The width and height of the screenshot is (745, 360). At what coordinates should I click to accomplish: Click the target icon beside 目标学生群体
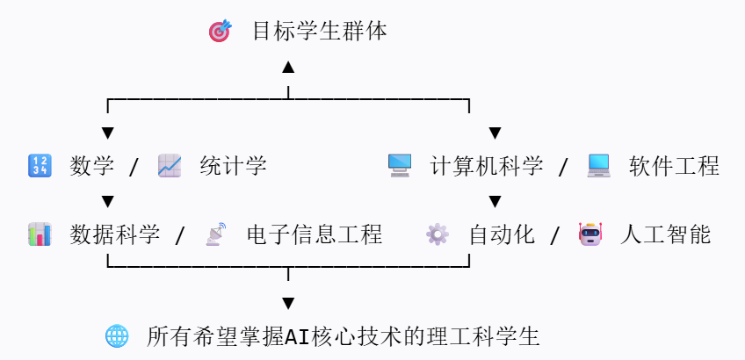(220, 32)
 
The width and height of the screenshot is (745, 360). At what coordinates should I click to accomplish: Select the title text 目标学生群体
(320, 32)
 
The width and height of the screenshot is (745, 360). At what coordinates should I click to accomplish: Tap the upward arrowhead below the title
(288, 68)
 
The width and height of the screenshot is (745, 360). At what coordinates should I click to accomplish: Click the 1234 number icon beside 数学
(40, 165)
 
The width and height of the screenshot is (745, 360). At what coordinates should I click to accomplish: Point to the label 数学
(92, 165)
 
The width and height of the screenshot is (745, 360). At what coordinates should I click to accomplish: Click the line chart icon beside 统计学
(170, 165)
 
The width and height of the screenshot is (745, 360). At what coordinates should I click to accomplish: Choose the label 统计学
(233, 165)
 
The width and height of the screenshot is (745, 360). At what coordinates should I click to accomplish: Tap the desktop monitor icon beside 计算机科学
(400, 165)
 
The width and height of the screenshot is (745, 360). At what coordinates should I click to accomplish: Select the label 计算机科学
(487, 165)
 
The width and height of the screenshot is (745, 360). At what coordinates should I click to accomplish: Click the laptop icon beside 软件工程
(598, 165)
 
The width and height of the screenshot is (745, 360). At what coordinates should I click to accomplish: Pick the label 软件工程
(674, 165)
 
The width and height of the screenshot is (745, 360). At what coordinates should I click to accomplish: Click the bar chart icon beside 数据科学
(40, 234)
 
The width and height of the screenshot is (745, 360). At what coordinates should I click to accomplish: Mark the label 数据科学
(115, 234)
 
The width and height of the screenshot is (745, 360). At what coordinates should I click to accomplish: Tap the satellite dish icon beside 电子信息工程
(215, 234)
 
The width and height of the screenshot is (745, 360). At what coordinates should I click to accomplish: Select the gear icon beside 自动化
(437, 234)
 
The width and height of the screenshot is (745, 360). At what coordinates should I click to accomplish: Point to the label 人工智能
(665, 234)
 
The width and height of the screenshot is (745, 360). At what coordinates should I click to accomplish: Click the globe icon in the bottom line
(117, 335)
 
